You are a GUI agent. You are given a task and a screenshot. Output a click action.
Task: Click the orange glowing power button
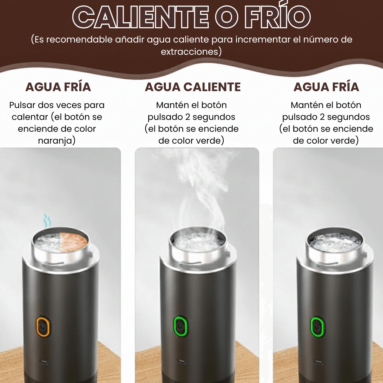[x=43, y=327]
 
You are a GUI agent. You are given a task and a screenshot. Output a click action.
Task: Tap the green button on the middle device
[x=180, y=326]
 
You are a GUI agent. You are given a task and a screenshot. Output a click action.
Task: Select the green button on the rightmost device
[x=317, y=327]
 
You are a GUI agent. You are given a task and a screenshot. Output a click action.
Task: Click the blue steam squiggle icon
[x=47, y=220]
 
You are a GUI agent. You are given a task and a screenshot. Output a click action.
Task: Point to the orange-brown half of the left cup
[x=74, y=242]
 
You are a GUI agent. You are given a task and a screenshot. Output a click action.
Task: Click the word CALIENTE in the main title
[x=141, y=17]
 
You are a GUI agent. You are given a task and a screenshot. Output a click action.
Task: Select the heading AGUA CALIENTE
[x=193, y=87]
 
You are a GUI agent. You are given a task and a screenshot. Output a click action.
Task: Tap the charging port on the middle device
[x=181, y=361]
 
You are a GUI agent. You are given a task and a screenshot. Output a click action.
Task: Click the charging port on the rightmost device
[x=318, y=362]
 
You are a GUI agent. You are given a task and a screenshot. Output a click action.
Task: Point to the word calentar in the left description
[x=30, y=117]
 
